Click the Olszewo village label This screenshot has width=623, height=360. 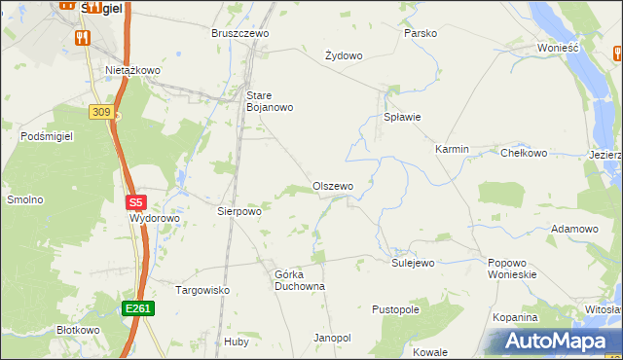(x=332, y=186)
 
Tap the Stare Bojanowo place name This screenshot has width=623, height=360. (x=268, y=100)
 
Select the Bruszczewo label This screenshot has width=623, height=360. (x=239, y=33)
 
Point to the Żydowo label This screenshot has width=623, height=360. (x=344, y=55)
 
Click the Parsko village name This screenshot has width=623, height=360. (x=421, y=33)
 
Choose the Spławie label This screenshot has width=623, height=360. (x=402, y=117)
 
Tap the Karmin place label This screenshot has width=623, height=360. (x=452, y=149)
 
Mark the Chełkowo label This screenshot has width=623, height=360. (x=524, y=153)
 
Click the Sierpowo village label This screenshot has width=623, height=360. (x=239, y=210)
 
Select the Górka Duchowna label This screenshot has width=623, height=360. (x=299, y=280)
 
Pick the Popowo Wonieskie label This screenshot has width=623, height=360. (x=513, y=269)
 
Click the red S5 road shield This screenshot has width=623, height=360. (x=136, y=203)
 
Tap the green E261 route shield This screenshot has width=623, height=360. (x=137, y=308)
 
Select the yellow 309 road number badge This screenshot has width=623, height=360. (x=100, y=113)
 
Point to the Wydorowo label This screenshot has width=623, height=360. (x=155, y=219)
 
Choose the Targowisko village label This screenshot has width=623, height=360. (x=202, y=290)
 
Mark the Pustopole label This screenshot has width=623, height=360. (x=395, y=309)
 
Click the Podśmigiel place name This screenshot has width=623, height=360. (x=47, y=137)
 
